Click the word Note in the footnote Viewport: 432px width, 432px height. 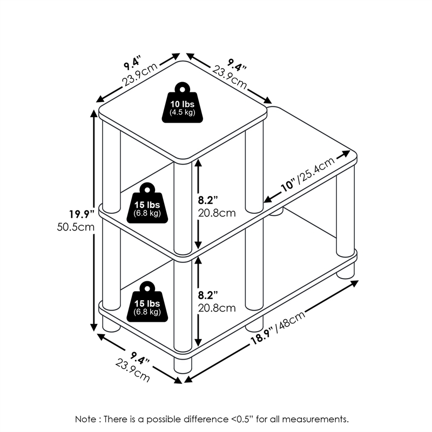86,418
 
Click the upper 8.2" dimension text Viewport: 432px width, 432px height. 210,199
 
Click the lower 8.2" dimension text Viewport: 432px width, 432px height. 210,295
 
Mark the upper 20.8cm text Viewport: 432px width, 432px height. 217,213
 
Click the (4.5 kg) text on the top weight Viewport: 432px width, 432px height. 182,112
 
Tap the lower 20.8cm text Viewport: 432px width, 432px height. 217,308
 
